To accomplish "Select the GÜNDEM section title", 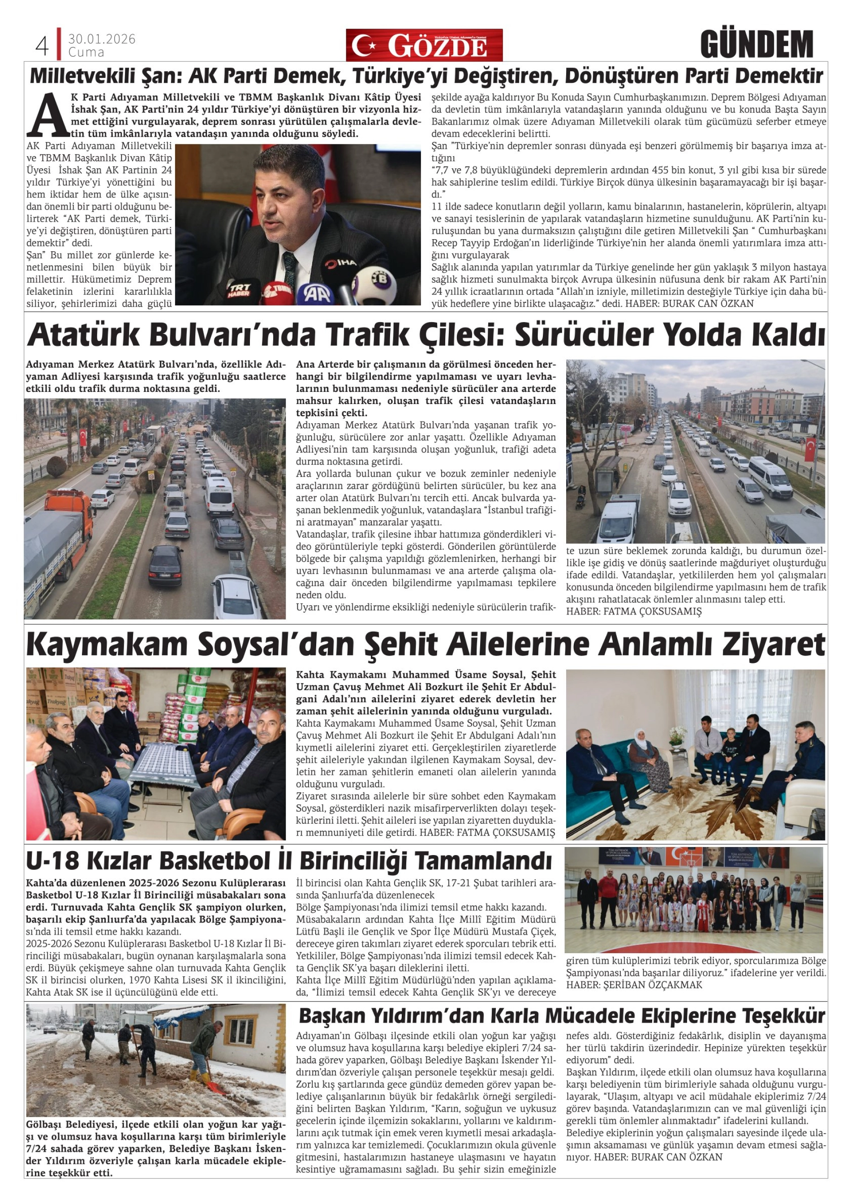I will pyautogui.click(x=756, y=45).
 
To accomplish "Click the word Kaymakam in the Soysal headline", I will pyautogui.click(x=104, y=645).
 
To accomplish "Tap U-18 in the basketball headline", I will pyautogui.click(x=56, y=860).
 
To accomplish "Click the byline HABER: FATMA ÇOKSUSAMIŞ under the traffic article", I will pyautogui.click(x=633, y=611).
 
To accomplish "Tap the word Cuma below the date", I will pyautogui.click(x=86, y=52).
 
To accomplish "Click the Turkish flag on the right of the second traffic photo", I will pyautogui.click(x=810, y=449).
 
